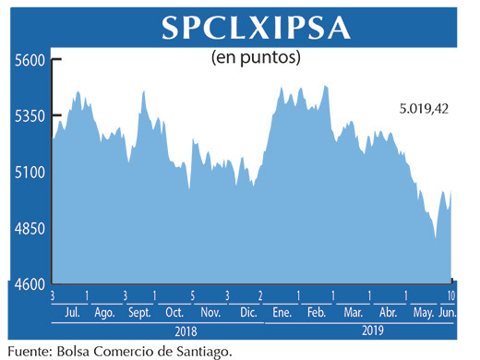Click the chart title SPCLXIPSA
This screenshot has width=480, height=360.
click(x=256, y=27)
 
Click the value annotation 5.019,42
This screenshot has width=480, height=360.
click(x=424, y=109)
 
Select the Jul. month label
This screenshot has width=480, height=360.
click(x=69, y=313)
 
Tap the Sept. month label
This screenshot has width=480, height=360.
click(x=139, y=313)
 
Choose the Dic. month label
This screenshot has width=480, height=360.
click(x=247, y=313)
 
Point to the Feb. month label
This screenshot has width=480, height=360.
click(x=317, y=313)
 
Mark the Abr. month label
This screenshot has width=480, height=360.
click(x=388, y=313)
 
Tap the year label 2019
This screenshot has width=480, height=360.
click(x=372, y=330)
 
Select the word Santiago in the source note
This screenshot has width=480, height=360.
click(x=194, y=350)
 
